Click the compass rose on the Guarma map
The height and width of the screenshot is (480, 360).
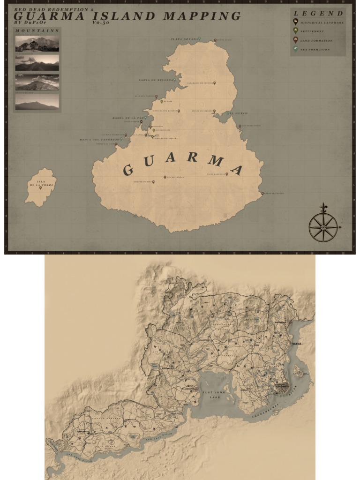pyautogui.click(x=323, y=227)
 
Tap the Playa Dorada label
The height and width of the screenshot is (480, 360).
pyautogui.click(x=183, y=39)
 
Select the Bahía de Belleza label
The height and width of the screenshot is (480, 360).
pyautogui.click(x=156, y=80)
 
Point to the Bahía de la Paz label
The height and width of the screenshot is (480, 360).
pyautogui.click(x=127, y=118)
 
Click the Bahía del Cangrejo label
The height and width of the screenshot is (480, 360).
pyautogui.click(x=99, y=139)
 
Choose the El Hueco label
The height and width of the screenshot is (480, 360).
pyautogui.click(x=239, y=113)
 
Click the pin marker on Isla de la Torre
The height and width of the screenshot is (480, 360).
pyautogui.click(x=40, y=187)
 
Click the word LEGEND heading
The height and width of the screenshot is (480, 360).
pyautogui.click(x=318, y=14)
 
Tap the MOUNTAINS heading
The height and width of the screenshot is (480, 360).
pyautogui.click(x=37, y=30)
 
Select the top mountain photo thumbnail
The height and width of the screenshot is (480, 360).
pyautogui.click(x=37, y=44)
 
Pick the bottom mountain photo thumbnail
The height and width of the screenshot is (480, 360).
pyautogui.click(x=37, y=102)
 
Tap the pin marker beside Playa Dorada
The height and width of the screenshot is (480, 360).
pyautogui.click(x=199, y=38)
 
